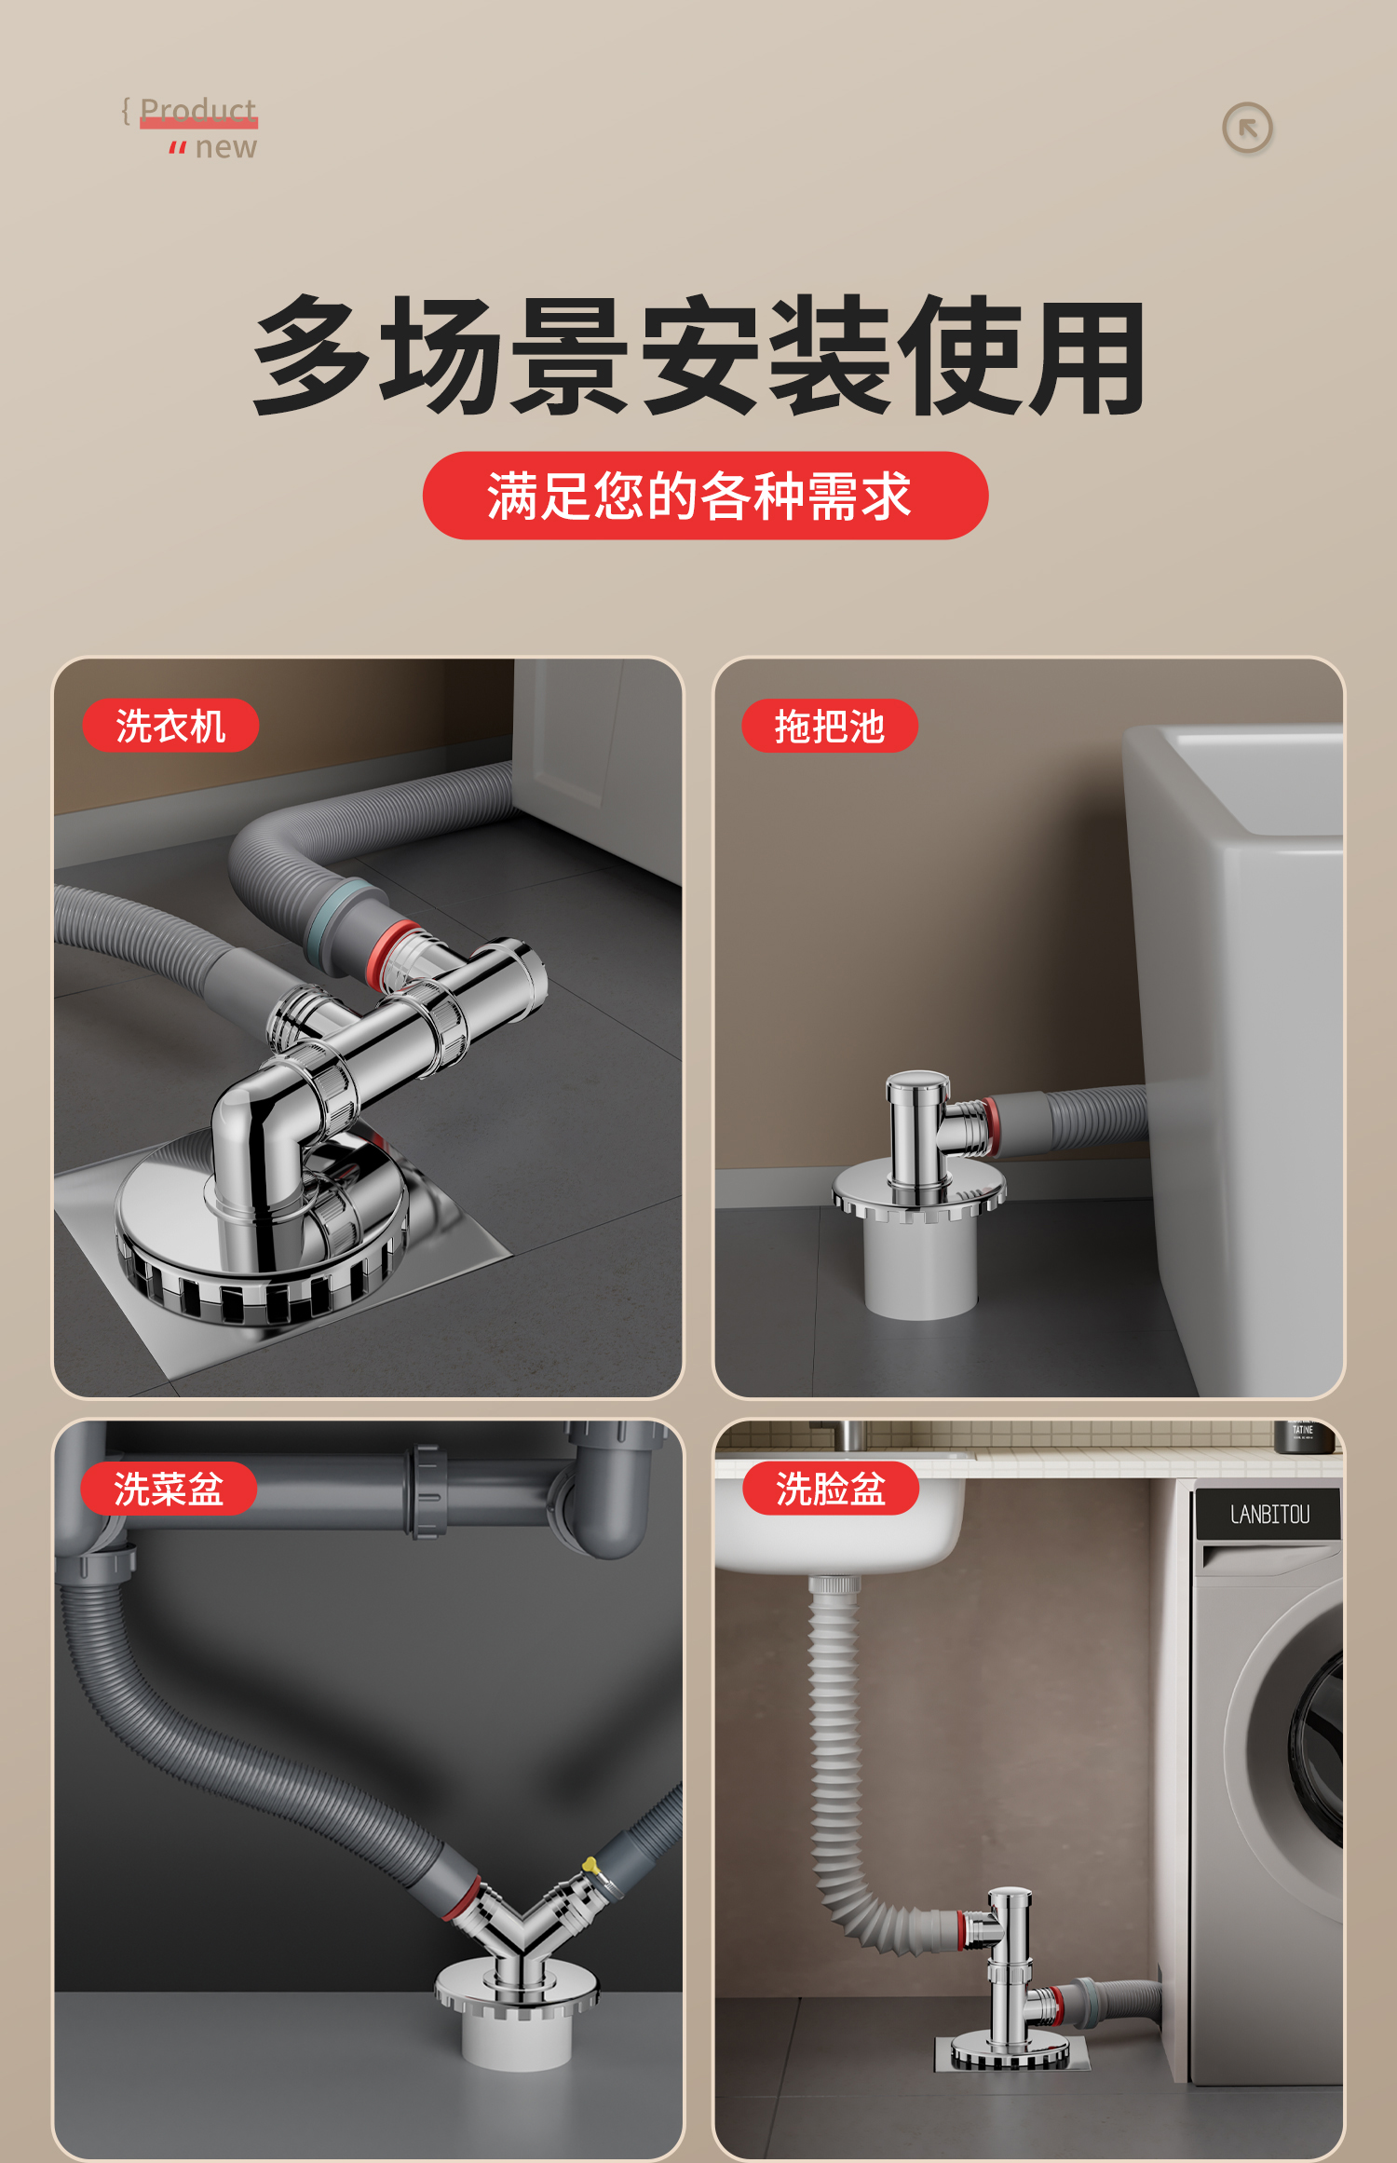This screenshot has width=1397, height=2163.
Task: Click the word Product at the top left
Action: click(x=197, y=111)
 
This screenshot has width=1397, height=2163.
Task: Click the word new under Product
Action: click(x=225, y=147)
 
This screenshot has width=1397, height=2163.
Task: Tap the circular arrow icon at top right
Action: click(x=1247, y=129)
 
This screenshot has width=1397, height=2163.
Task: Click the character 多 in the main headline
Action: click(x=312, y=356)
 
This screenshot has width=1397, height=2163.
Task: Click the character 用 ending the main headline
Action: click(x=1087, y=358)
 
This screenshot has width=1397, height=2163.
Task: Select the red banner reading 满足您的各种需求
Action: click(x=705, y=496)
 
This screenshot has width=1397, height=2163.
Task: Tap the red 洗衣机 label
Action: click(x=170, y=726)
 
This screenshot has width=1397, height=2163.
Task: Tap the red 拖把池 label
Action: click(x=829, y=726)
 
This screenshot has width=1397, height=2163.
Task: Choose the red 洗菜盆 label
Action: click(x=169, y=1489)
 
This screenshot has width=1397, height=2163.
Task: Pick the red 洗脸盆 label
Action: click(x=830, y=1489)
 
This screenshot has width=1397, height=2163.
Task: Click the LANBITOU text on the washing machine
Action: click(x=1268, y=1515)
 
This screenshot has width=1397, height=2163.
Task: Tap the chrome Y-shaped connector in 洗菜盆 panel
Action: click(x=522, y=1928)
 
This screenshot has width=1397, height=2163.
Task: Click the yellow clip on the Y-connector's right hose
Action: click(x=590, y=1866)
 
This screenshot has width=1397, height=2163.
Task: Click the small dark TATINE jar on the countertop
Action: click(x=1304, y=1436)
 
